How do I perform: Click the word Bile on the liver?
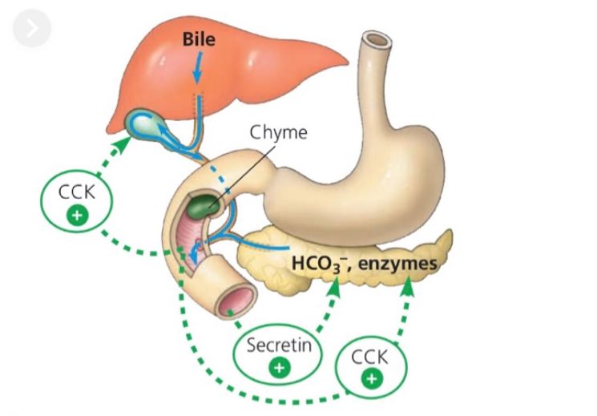[199, 38]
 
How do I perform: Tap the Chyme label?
[279, 132]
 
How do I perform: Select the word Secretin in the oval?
[278, 346]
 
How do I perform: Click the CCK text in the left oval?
[77, 196]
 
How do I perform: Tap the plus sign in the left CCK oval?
[77, 216]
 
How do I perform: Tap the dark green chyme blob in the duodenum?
[207, 201]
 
